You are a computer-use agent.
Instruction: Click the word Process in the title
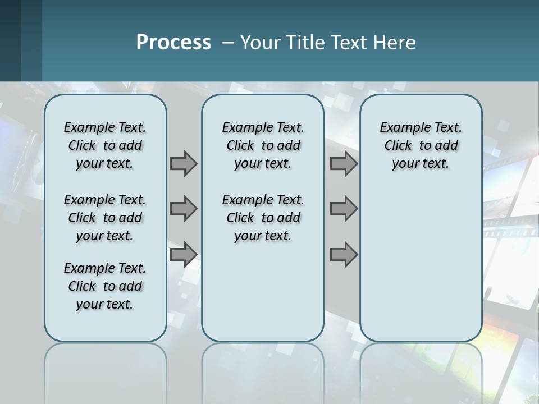point(173,42)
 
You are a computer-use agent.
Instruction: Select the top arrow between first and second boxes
point(184,163)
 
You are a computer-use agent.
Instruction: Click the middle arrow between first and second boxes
point(184,209)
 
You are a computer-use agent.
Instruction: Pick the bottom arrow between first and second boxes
point(184,254)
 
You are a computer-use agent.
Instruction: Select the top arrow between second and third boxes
point(344,163)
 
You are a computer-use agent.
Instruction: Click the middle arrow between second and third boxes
point(344,209)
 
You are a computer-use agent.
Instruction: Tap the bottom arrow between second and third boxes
point(344,254)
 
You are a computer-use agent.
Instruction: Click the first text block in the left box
point(105,145)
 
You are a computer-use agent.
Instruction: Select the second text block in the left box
point(105,218)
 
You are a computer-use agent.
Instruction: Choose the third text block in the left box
point(105,286)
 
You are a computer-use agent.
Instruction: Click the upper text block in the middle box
point(263,145)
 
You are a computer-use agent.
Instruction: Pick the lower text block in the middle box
point(263,218)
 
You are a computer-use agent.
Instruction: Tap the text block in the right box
point(421,145)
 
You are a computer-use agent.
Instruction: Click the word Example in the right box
point(400,128)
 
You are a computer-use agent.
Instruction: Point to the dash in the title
point(228,43)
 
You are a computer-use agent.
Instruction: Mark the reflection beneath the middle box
point(263,370)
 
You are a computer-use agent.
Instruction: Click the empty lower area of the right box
point(421,264)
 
